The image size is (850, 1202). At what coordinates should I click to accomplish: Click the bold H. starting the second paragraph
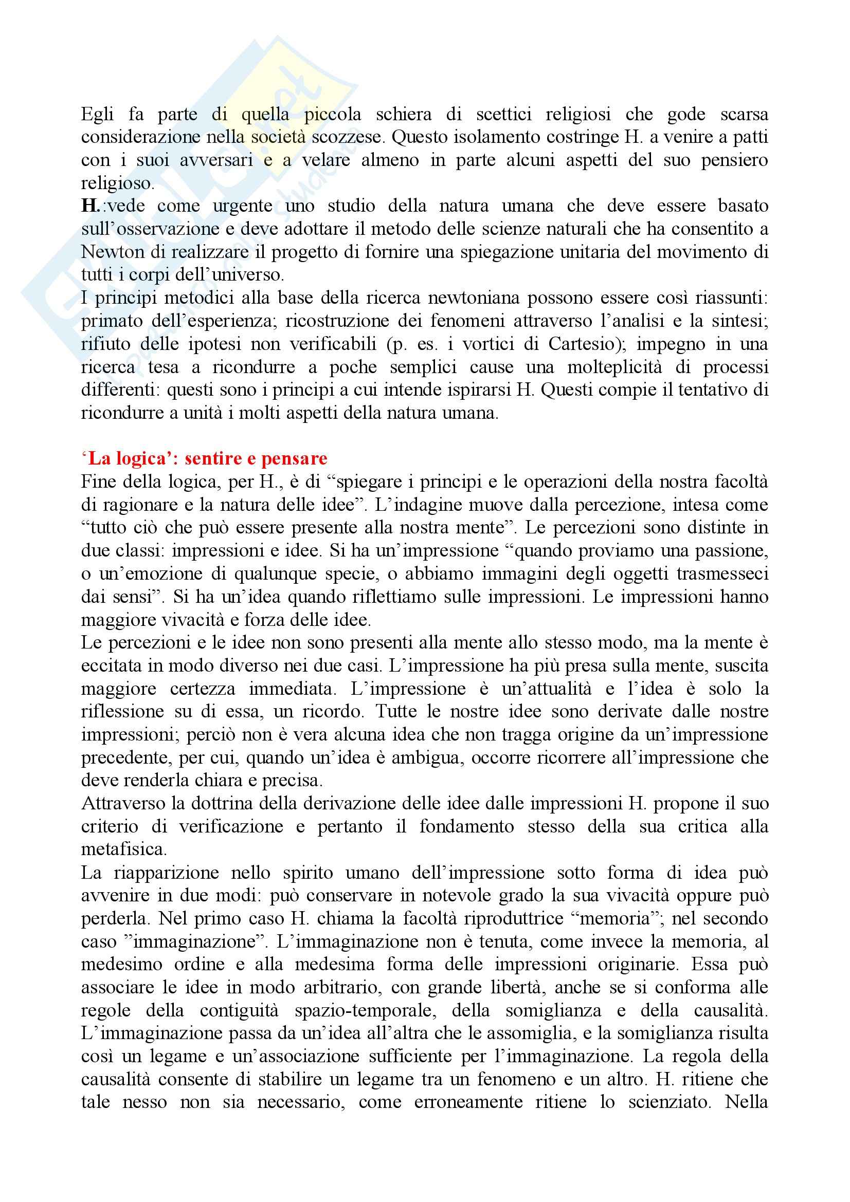pos(91,206)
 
